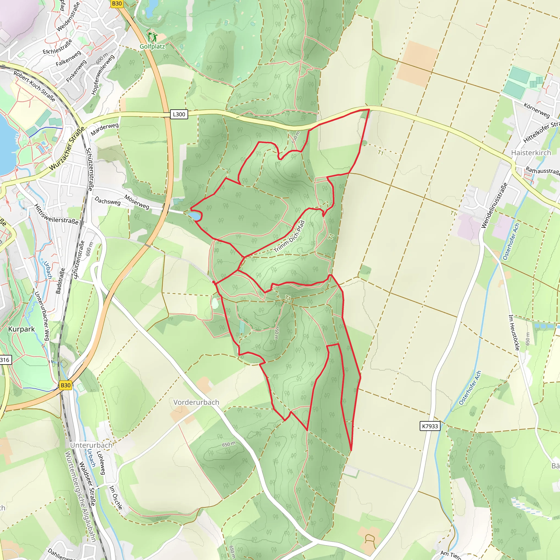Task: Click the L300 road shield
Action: pos(179,114)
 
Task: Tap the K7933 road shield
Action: pos(430,426)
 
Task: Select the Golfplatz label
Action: pos(152,46)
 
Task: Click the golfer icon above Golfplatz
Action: pos(153,37)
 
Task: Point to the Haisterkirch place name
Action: pos(531,153)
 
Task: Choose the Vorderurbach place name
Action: pos(196,402)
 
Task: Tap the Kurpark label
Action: pos(21,329)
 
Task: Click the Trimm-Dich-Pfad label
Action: pos(289,237)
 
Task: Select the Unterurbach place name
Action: pos(91,445)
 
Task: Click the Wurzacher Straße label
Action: pos(67,149)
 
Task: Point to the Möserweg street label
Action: pos(137,202)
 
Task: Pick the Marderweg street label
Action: pos(105,129)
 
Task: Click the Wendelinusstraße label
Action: pos(494,206)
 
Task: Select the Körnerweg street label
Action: pos(536,110)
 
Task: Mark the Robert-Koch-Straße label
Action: pos(34,86)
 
